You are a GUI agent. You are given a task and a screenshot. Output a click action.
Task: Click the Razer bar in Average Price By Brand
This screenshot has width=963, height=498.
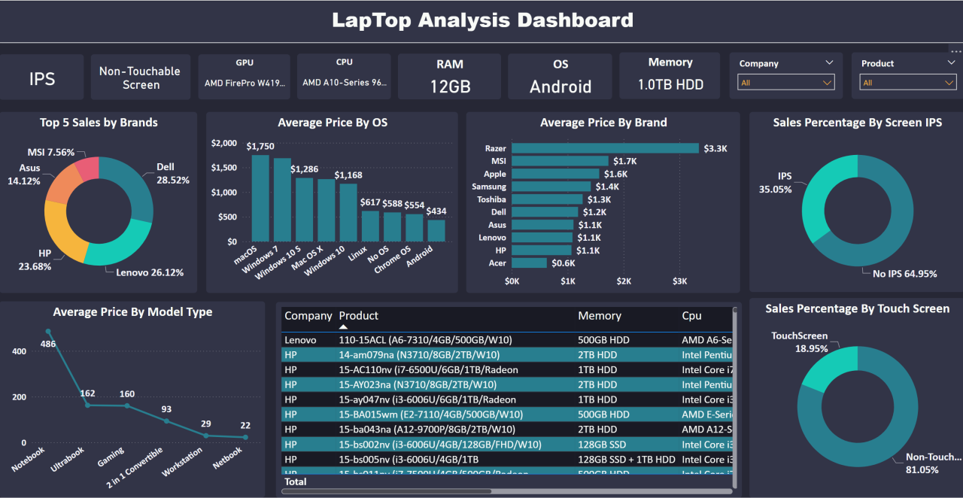[606, 148]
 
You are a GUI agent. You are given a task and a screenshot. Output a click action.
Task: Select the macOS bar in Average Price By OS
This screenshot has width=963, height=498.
[260, 199]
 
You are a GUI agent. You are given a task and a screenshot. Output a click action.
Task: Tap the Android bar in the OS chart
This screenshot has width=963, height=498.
[436, 230]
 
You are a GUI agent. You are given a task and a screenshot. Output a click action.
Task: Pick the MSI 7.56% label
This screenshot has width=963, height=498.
[51, 152]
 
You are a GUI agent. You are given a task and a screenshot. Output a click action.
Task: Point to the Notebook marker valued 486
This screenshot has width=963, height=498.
[48, 332]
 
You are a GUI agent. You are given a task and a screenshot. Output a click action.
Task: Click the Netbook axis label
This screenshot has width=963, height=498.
[227, 457]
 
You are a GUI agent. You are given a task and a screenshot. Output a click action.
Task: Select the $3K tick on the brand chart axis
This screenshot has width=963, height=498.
[679, 281]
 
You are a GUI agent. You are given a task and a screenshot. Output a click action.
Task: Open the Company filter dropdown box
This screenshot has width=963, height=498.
[786, 83]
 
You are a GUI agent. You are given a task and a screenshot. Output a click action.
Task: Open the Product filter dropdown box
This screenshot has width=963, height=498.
[908, 83]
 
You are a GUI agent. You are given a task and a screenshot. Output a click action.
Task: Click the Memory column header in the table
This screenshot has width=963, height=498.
[599, 316]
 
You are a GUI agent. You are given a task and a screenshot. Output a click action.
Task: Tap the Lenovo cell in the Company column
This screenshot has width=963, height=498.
[301, 340]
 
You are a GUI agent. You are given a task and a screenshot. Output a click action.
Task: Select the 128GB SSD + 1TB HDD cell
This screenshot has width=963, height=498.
[627, 459]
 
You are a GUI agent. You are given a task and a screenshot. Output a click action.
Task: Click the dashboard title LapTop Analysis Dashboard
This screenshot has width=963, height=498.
[482, 20]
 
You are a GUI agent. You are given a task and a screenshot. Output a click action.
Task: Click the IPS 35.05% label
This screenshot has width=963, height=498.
[776, 183]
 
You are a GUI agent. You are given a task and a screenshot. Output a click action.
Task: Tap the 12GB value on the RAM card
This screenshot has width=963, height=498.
[450, 87]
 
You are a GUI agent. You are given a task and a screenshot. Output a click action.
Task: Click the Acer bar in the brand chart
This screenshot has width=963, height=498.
[529, 263]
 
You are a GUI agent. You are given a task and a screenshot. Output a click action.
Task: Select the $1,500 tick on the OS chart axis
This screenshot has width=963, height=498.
[224, 168]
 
